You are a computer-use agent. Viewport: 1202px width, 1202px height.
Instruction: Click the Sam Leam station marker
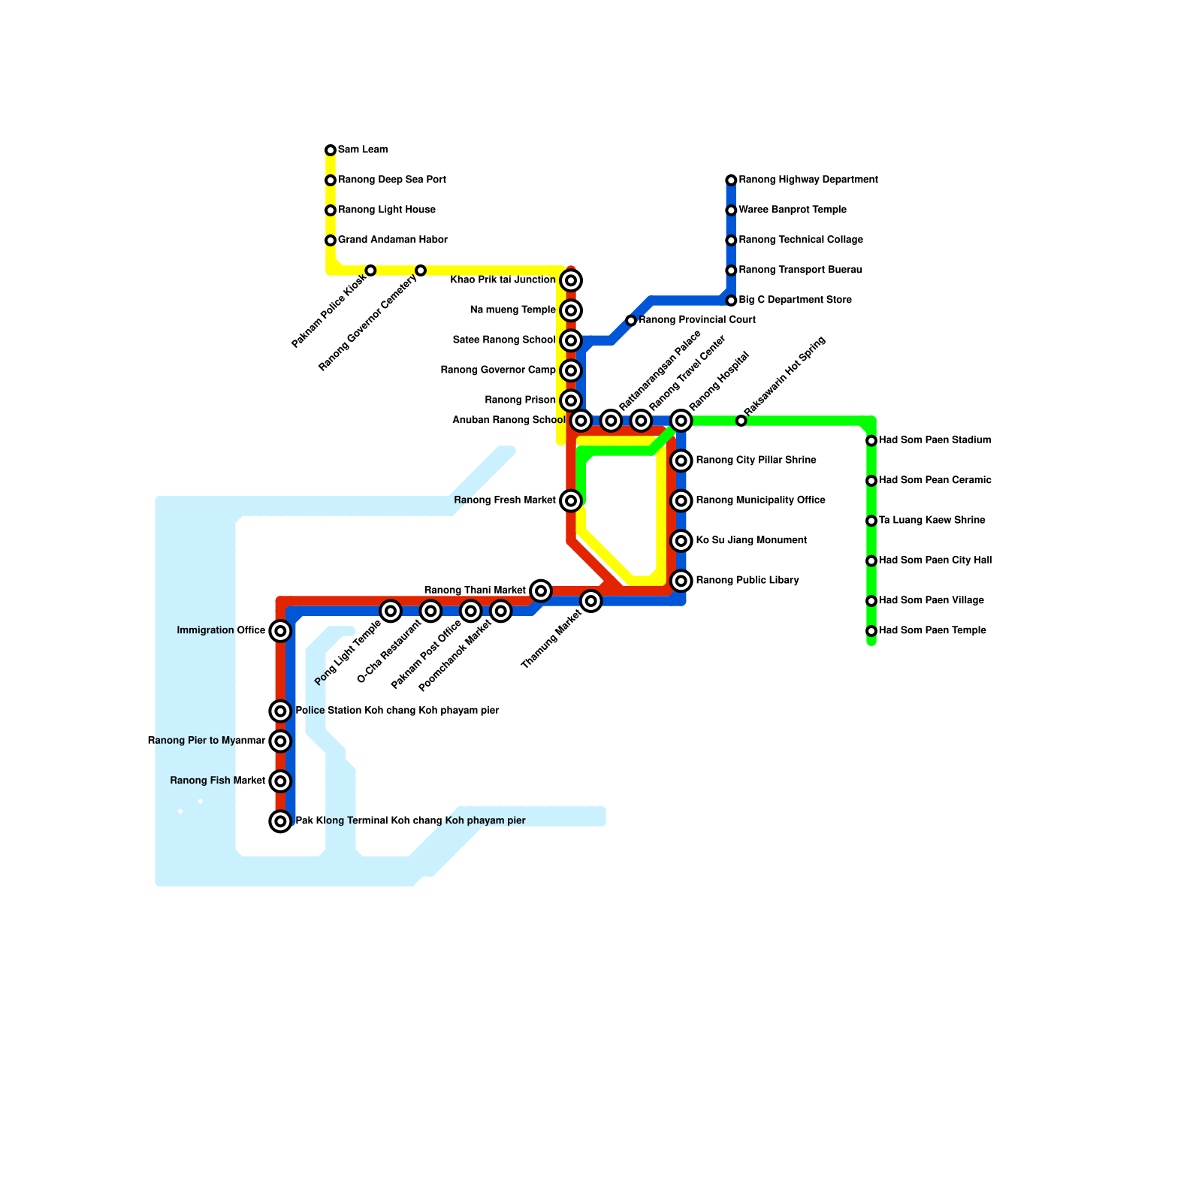pyautogui.click(x=331, y=150)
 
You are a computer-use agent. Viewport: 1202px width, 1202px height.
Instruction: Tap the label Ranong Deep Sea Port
pyautogui.click(x=391, y=180)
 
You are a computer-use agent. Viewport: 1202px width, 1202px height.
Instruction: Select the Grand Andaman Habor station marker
pyautogui.click(x=331, y=240)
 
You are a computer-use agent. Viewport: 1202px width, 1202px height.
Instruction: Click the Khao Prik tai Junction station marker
pyautogui.click(x=571, y=281)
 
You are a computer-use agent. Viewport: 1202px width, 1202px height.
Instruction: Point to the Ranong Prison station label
pyautogui.click(x=520, y=400)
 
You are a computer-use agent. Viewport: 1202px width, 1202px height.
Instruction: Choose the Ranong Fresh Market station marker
pyautogui.click(x=571, y=500)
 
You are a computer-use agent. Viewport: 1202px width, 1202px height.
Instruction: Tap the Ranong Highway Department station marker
pyautogui.click(x=731, y=180)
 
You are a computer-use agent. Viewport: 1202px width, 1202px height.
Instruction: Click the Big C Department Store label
pyautogui.click(x=795, y=300)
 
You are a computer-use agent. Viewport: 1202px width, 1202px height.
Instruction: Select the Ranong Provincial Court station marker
pyautogui.click(x=631, y=321)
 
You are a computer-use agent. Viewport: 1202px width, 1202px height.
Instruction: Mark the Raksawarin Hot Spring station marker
pyautogui.click(x=741, y=421)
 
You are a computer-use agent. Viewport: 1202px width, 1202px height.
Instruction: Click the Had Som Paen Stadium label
pyautogui.click(x=935, y=440)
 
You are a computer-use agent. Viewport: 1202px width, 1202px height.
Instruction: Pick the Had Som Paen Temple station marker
pyautogui.click(x=871, y=631)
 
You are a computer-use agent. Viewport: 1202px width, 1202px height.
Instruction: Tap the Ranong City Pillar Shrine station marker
pyautogui.click(x=681, y=461)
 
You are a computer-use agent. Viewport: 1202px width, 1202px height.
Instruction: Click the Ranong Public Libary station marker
pyautogui.click(x=681, y=581)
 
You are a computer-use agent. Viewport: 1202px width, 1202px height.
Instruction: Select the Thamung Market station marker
pyautogui.click(x=591, y=601)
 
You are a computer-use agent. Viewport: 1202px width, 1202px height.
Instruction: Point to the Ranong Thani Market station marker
pyautogui.click(x=541, y=590)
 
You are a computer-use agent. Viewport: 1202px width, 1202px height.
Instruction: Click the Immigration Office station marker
pyautogui.click(x=280, y=631)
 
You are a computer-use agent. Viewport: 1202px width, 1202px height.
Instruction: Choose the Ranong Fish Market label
pyautogui.click(x=217, y=781)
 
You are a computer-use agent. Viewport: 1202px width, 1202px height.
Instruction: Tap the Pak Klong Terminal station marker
pyautogui.click(x=280, y=821)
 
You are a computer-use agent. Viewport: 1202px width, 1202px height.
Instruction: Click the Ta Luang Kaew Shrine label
pyautogui.click(x=932, y=521)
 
